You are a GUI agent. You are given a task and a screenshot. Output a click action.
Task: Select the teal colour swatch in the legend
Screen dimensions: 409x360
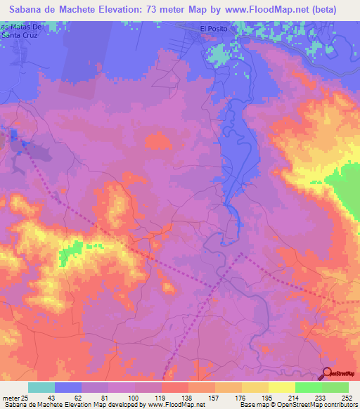(x=41, y=387)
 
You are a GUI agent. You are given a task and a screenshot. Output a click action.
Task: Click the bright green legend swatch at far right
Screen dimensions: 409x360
(x=335, y=387)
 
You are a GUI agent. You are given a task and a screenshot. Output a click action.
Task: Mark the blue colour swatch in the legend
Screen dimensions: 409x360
(x=68, y=387)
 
